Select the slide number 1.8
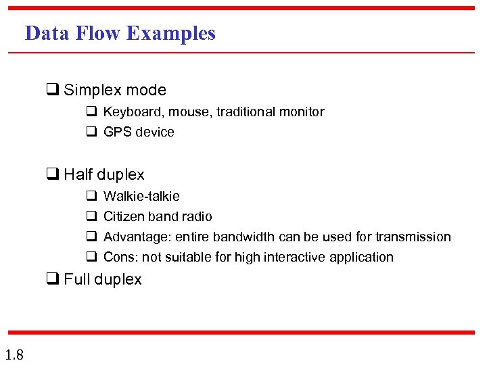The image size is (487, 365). pos(14,354)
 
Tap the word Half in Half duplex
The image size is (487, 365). pos(79,175)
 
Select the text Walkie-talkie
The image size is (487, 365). pos(141,197)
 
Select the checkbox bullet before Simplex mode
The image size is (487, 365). pos(51,90)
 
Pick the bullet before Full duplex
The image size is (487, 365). pos(51,280)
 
